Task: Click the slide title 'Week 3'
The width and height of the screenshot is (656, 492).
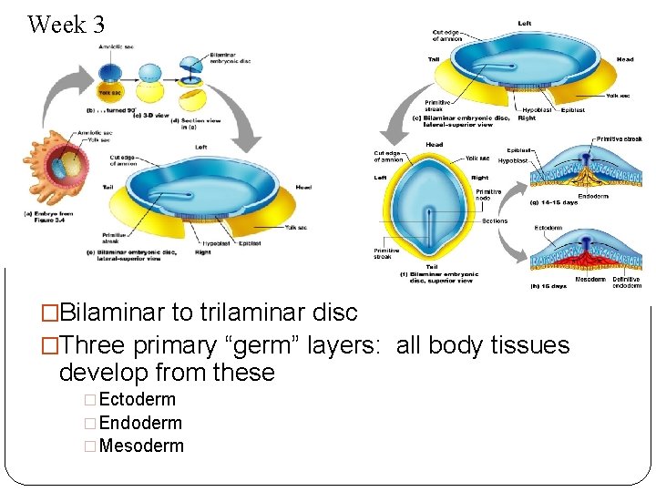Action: [67, 25]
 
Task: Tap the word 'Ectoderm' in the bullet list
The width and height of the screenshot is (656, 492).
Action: [137, 399]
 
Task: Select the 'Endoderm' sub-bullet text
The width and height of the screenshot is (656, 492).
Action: [139, 423]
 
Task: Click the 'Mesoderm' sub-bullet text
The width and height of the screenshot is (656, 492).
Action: [140, 446]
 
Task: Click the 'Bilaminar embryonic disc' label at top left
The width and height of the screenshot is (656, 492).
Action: [231, 58]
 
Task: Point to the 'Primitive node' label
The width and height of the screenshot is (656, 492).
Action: [488, 194]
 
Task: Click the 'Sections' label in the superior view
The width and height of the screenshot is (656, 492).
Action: [495, 220]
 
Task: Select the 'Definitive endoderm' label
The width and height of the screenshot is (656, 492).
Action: [626, 282]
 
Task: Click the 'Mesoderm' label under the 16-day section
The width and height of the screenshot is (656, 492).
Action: [590, 280]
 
